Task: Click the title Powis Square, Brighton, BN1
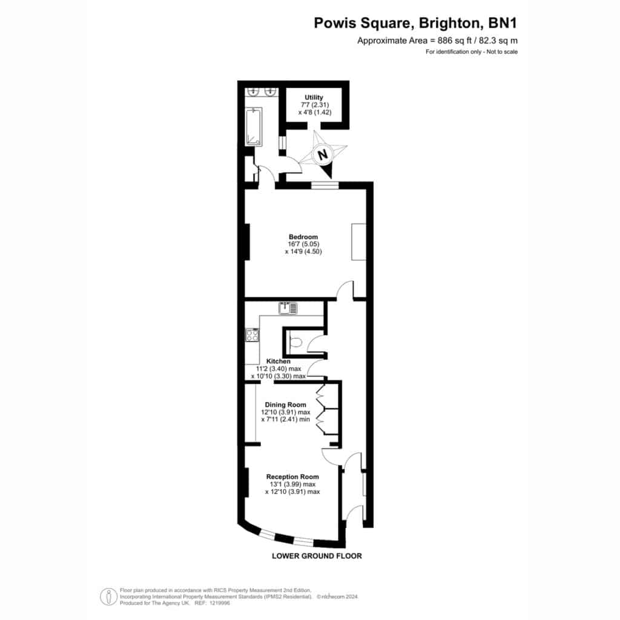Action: (x=415, y=23)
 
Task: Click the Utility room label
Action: (x=314, y=97)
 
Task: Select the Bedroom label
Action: (x=303, y=237)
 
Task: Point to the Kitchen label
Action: (x=279, y=361)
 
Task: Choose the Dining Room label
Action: (x=286, y=404)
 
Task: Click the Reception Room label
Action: (x=292, y=477)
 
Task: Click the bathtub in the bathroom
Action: (x=253, y=127)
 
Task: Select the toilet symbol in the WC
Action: (x=295, y=341)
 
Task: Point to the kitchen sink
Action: (x=288, y=308)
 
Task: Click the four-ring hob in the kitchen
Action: (x=252, y=335)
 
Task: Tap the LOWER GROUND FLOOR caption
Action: (x=317, y=556)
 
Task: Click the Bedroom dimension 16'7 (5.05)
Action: (x=303, y=244)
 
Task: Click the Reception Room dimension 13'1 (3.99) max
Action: (x=292, y=484)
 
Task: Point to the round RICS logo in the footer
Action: (x=108, y=596)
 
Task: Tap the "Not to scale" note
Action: (x=502, y=52)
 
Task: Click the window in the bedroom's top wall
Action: (x=325, y=185)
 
